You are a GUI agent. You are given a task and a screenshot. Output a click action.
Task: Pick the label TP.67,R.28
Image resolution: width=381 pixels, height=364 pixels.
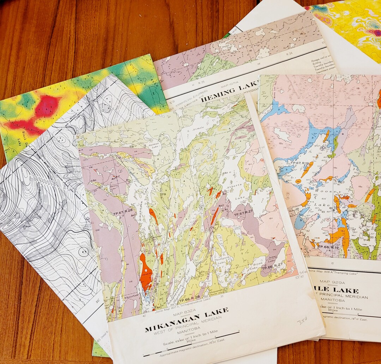pyautogui.click(x=122, y=211)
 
